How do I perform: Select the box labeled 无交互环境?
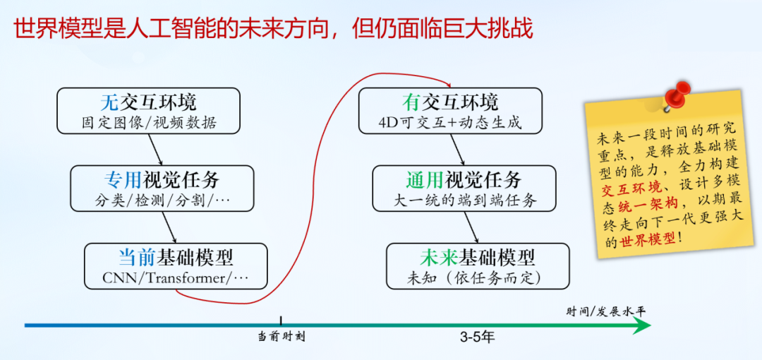pyautogui.click(x=147, y=110)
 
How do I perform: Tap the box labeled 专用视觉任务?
pyautogui.click(x=163, y=188)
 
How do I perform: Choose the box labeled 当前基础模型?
pyautogui.click(x=176, y=265)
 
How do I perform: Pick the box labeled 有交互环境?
pyautogui.click(x=450, y=110)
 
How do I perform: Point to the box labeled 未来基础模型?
pyautogui.click(x=478, y=265)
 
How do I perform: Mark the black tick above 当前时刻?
pyautogui.click(x=281, y=320)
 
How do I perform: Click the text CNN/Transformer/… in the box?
pyautogui.click(x=176, y=277)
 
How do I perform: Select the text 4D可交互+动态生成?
pyautogui.click(x=450, y=122)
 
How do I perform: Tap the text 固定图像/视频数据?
pyautogui.click(x=147, y=122)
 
